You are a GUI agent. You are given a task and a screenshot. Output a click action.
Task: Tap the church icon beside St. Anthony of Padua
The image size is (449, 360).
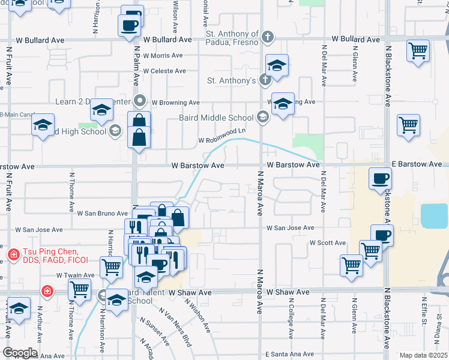(x=268, y=38)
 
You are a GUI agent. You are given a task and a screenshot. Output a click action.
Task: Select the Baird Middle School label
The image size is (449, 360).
(x=216, y=118)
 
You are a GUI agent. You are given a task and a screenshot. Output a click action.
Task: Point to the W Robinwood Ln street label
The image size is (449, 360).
(x=223, y=135)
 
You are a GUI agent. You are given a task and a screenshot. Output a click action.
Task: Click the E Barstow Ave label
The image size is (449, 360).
(x=417, y=164)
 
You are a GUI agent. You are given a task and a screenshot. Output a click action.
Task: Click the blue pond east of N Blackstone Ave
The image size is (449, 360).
(x=435, y=216)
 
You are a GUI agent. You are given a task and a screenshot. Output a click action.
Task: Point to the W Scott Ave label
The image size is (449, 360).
(x=328, y=243)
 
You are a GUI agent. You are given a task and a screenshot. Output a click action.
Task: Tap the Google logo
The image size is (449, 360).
(x=19, y=353)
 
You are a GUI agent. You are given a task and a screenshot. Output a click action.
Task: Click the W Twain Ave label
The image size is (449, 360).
(x=73, y=274)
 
